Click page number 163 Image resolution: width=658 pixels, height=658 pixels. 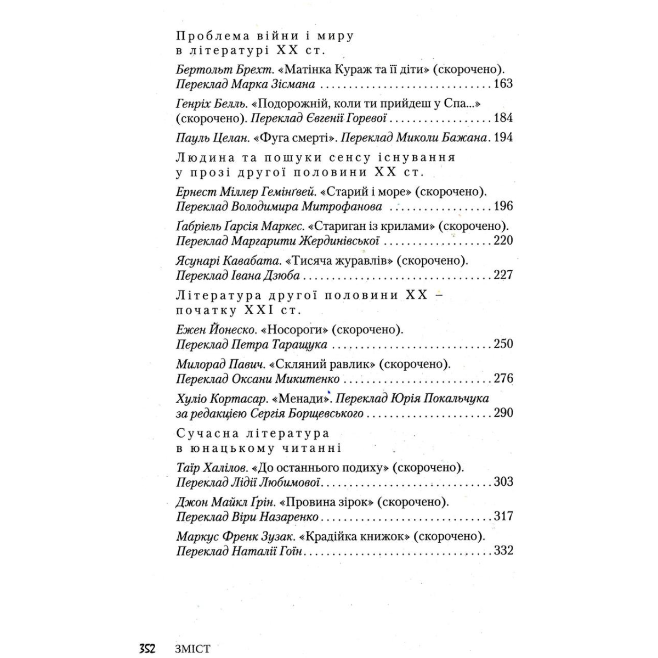click(503, 84)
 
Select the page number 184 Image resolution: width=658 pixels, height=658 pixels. click(503, 118)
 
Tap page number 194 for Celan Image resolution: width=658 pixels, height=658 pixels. click(503, 137)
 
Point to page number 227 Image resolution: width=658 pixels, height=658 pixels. click(503, 275)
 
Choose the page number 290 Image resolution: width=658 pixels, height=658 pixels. click(503, 413)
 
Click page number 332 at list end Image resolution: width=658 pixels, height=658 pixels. click(503, 551)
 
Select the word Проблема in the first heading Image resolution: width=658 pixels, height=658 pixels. click(207, 37)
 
